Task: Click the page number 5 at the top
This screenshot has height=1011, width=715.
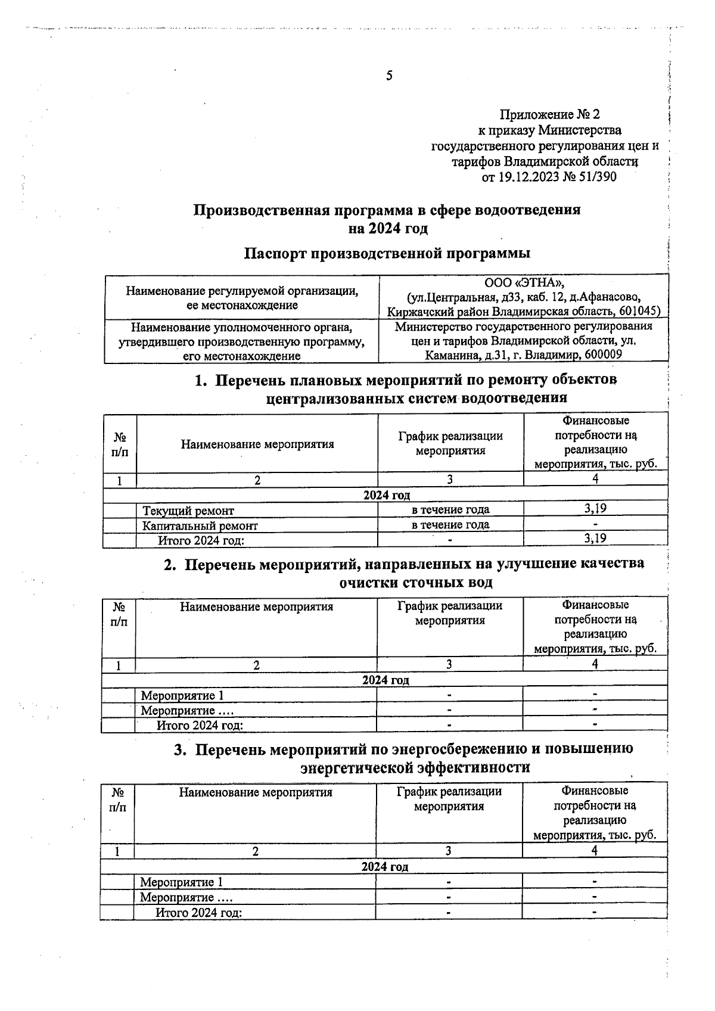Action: click(389, 76)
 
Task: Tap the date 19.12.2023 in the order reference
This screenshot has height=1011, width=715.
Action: click(527, 177)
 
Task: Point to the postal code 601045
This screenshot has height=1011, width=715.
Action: click(637, 312)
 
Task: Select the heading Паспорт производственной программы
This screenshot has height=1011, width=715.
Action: click(387, 253)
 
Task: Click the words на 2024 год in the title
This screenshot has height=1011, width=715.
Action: click(388, 228)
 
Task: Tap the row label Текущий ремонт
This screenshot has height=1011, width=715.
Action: click(188, 511)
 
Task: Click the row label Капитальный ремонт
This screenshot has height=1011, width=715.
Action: click(200, 526)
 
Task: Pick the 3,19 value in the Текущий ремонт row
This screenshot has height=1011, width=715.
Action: click(595, 508)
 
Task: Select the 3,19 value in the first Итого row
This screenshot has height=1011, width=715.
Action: click(595, 539)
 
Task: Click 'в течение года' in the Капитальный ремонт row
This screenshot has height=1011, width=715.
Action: click(450, 525)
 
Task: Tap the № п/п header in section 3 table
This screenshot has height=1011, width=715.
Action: click(118, 800)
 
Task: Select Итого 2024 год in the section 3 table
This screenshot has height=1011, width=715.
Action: click(198, 913)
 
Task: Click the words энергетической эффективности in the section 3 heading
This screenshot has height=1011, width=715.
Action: click(415, 767)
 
